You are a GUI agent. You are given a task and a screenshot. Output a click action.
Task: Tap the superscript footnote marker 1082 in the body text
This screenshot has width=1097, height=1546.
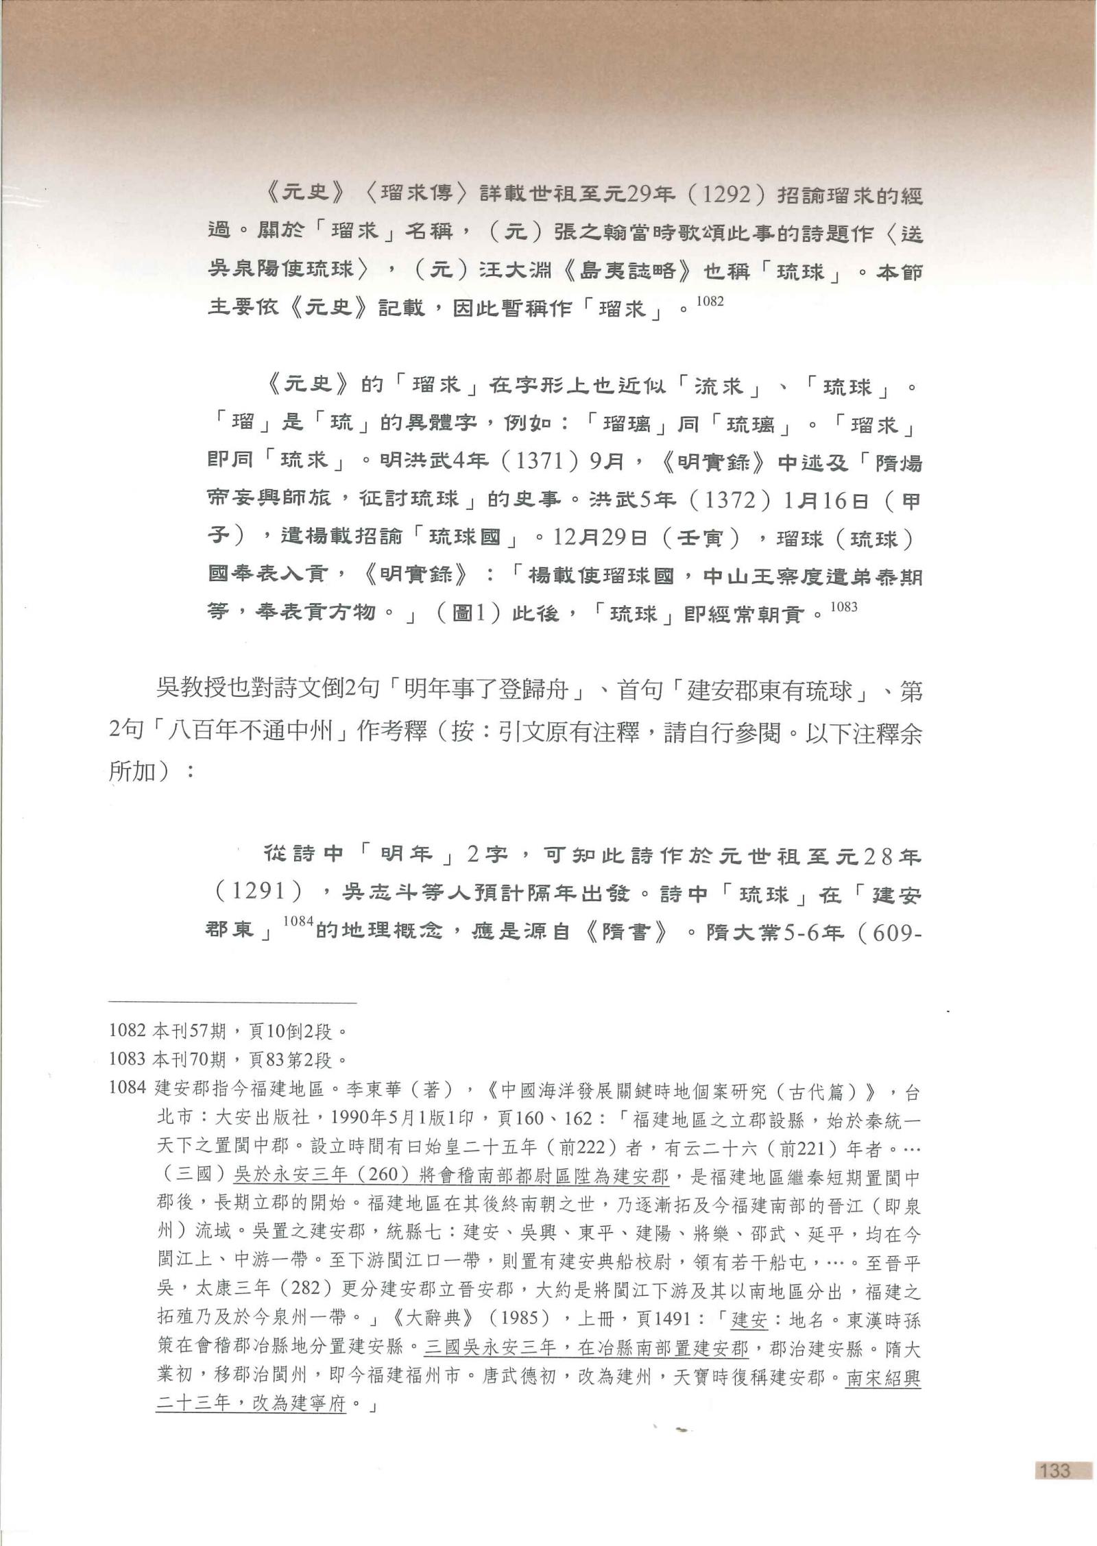(x=710, y=301)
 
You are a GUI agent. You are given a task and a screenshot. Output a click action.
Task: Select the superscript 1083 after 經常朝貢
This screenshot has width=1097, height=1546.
(x=843, y=606)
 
